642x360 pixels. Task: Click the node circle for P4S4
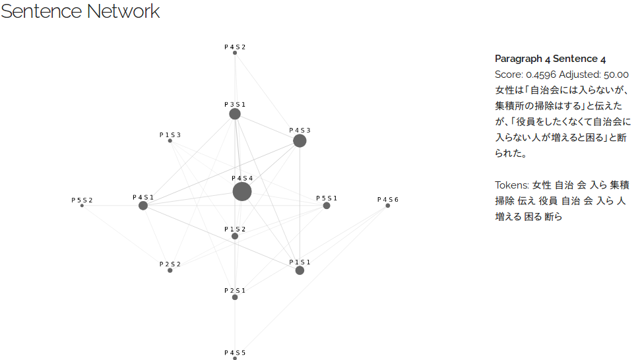click(x=242, y=192)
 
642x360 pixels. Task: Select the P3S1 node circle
click(x=235, y=114)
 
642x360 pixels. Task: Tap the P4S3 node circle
click(x=300, y=141)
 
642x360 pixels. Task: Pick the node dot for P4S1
click(x=143, y=206)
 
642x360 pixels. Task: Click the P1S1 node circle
click(x=300, y=270)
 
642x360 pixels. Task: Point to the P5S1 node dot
click(x=327, y=206)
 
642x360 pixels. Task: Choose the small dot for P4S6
click(x=388, y=206)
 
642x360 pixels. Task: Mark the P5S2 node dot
click(x=82, y=206)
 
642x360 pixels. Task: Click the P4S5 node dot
click(x=235, y=359)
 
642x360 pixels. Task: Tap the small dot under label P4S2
click(x=235, y=53)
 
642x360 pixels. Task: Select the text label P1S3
click(x=170, y=135)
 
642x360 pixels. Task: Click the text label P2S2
click(x=170, y=264)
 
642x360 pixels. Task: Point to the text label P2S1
click(x=235, y=290)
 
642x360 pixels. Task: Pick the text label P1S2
click(x=235, y=229)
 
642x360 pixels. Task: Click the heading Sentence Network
click(x=80, y=11)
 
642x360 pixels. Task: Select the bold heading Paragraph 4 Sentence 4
click(x=550, y=59)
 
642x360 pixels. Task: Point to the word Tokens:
click(x=512, y=185)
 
